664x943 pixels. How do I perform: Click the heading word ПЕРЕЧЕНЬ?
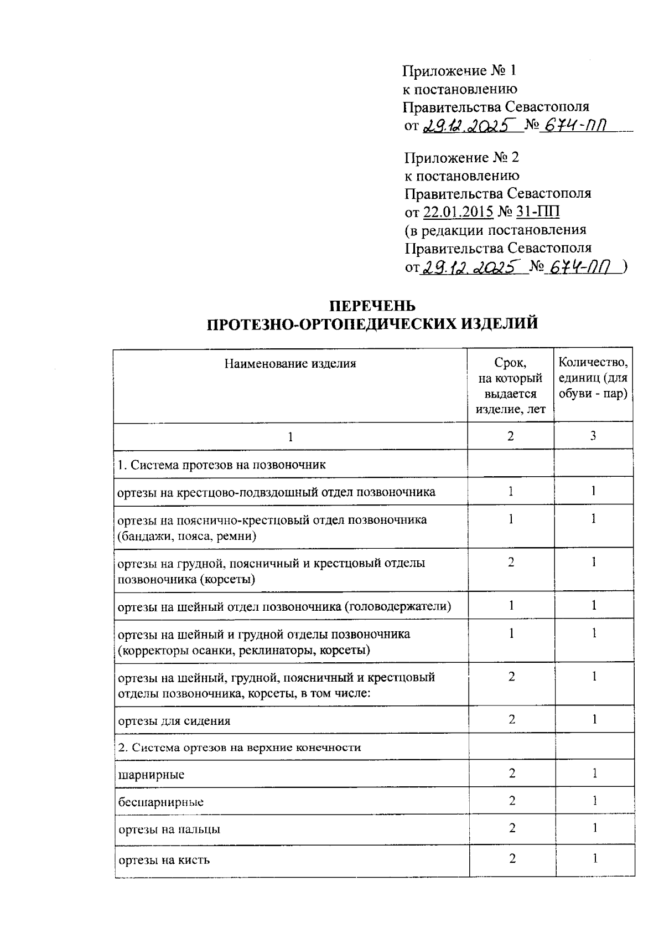[x=372, y=306]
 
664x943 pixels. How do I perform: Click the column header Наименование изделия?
[x=290, y=364]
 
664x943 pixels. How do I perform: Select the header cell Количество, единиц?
[x=593, y=378]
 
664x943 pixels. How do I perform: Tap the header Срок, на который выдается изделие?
[x=510, y=386]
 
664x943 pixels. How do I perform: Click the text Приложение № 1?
[x=460, y=71]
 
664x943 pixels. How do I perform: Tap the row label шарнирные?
[x=151, y=774]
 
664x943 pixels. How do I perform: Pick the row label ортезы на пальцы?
[x=169, y=829]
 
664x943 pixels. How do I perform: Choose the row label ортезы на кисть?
[x=164, y=860]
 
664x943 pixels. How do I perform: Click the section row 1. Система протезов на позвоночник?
[x=222, y=464]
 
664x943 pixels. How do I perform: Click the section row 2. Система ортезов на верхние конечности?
[x=239, y=747]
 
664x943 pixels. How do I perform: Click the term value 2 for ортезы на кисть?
[x=512, y=859]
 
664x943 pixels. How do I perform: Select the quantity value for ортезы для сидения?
[x=594, y=719]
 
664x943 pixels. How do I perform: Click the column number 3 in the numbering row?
[x=593, y=436]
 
